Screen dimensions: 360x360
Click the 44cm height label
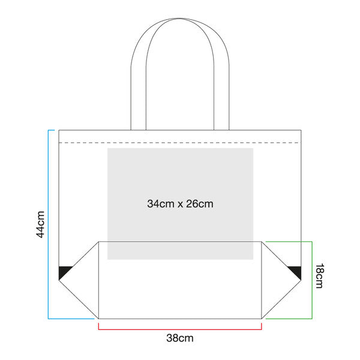(40, 224)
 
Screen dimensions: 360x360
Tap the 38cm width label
(180, 338)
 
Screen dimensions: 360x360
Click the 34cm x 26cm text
(180, 204)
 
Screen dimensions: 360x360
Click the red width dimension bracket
(180, 329)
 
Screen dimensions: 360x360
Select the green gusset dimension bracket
(312, 279)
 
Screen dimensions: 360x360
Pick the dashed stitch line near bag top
(180, 143)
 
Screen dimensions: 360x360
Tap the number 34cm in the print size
(158, 204)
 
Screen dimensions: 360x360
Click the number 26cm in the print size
(200, 204)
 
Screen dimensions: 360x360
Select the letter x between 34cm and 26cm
(178, 205)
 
